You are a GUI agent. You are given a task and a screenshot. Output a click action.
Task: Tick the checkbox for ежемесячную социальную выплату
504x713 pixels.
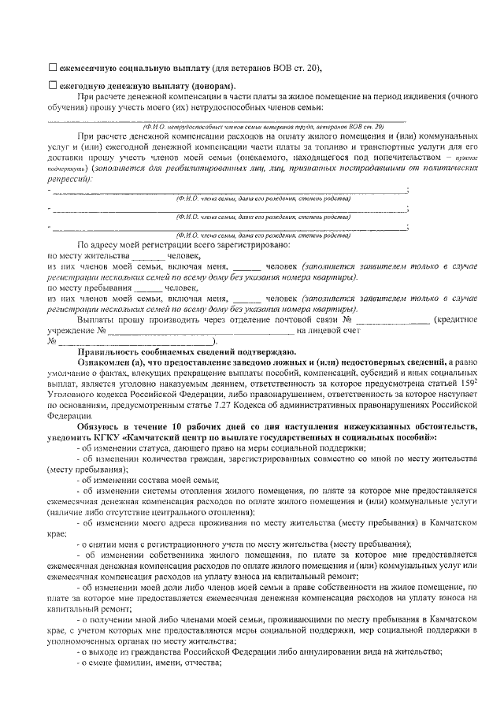53,69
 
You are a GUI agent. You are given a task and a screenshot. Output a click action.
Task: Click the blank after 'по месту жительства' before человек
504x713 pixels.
147,256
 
